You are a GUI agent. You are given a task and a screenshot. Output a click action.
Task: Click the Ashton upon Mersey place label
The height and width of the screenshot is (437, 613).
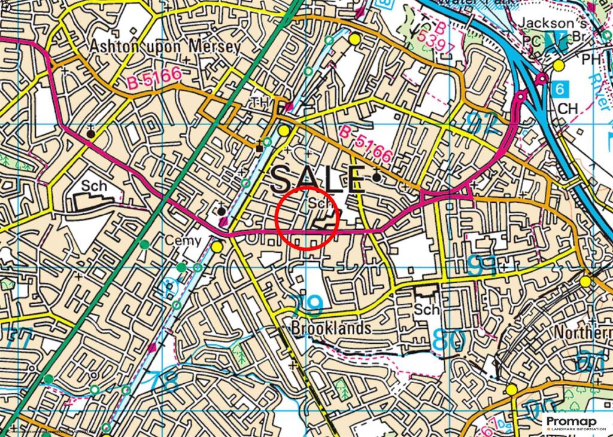coord(165,46)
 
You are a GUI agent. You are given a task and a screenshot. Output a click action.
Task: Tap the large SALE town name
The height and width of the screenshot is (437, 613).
coord(318,178)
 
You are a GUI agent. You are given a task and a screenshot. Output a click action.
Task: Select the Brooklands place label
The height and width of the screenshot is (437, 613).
coord(331,328)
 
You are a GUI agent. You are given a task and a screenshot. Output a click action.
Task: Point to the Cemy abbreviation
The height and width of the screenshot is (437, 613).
coord(186,241)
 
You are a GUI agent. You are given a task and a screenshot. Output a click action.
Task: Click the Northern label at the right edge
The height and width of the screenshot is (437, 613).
coord(583,332)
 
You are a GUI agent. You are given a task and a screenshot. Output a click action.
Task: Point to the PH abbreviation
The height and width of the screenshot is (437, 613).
coord(592,60)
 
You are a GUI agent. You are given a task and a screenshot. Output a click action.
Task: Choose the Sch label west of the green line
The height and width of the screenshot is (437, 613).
coord(95,186)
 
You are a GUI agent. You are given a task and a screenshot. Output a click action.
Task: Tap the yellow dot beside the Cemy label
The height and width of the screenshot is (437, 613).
coord(217,246)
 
